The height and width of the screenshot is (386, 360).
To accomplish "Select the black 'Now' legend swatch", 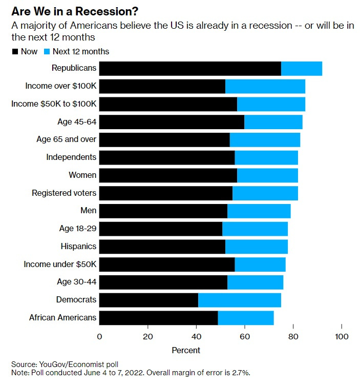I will coord(14,51).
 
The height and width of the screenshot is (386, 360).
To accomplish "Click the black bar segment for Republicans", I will coord(190,69).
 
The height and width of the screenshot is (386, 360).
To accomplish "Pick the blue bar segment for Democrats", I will coord(239,299).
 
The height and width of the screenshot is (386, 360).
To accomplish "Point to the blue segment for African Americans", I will coord(246,317).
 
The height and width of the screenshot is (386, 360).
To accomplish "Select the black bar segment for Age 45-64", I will coord(172,122).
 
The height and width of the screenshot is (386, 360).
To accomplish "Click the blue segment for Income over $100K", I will coord(265,87).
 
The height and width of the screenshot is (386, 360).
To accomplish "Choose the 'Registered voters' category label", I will coord(64,193).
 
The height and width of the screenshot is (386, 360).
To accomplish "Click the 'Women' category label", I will coord(82,175).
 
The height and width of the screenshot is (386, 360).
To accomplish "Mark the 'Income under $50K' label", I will coord(60,265).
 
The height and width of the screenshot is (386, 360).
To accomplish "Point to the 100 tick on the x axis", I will coord(342,337).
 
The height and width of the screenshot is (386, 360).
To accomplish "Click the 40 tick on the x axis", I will coord(196,337).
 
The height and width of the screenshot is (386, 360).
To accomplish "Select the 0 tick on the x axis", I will coord(99,337).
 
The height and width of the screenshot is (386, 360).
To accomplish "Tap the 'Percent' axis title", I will coord(185,351).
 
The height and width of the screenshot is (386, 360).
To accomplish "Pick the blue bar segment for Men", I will coord(259,211).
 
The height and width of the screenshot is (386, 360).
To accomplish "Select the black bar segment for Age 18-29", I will coord(160,229).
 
